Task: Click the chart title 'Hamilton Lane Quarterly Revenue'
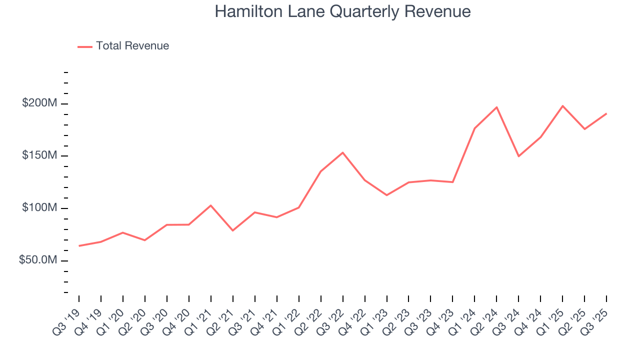pyautogui.click(x=342, y=11)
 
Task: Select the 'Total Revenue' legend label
pyautogui.click(x=132, y=46)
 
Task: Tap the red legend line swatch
pyautogui.click(x=85, y=46)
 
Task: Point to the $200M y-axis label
pyautogui.click(x=39, y=103)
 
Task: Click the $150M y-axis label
pyautogui.click(x=39, y=155)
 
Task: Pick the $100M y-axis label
pyautogui.click(x=39, y=208)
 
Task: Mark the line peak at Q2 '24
pyautogui.click(x=496, y=107)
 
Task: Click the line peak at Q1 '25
pyautogui.click(x=562, y=106)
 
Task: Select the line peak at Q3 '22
pyautogui.click(x=342, y=152)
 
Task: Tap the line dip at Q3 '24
pyautogui.click(x=518, y=156)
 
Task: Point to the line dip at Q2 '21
pyautogui.click(x=232, y=230)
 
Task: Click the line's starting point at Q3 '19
pyautogui.click(x=79, y=246)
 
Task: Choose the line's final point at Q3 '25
pyautogui.click(x=606, y=113)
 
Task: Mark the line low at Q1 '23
pyautogui.click(x=386, y=195)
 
